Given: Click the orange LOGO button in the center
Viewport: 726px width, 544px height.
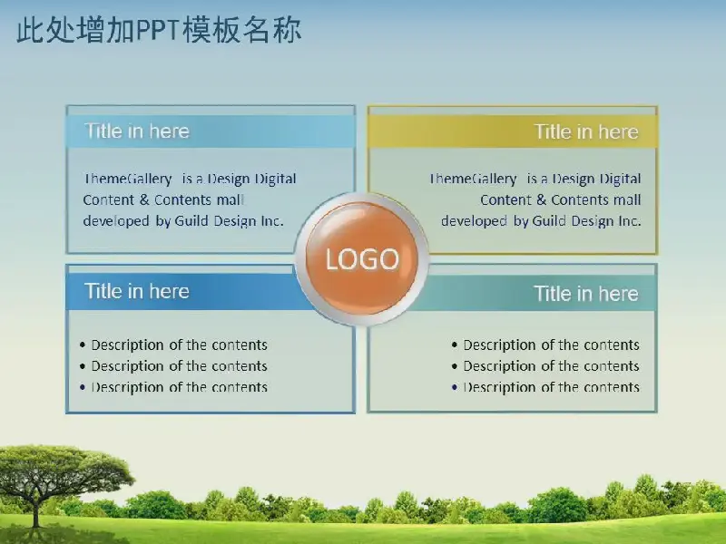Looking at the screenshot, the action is click(x=361, y=259).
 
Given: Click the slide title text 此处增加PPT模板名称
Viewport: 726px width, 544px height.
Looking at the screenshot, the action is click(x=159, y=31).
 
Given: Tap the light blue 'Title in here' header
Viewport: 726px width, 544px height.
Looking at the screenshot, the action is click(x=137, y=131).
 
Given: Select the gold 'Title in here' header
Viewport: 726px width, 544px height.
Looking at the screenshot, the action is click(x=586, y=131).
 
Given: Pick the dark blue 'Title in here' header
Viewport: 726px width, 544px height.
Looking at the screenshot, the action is click(x=137, y=291).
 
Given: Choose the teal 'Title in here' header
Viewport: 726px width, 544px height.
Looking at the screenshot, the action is click(x=586, y=293).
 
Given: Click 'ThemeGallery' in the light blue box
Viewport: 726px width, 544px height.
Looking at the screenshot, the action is click(x=127, y=179).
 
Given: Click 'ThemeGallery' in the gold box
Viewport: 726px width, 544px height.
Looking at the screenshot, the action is click(x=473, y=179).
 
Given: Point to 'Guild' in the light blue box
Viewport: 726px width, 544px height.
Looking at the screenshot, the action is click(x=191, y=221).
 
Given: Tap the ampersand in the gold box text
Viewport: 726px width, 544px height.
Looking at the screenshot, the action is click(x=541, y=199).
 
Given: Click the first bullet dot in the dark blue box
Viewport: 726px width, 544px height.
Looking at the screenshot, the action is click(x=83, y=345).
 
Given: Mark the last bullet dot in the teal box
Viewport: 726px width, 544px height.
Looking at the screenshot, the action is click(x=455, y=387).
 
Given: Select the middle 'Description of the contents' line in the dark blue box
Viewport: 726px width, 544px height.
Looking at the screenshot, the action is click(x=179, y=366).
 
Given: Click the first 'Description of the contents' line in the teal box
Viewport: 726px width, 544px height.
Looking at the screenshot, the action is click(x=551, y=345).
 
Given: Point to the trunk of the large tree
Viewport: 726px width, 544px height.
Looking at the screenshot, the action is click(x=36, y=510).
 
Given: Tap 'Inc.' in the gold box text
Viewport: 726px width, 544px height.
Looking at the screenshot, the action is click(x=629, y=221).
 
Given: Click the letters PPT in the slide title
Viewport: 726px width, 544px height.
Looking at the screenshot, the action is click(x=157, y=31).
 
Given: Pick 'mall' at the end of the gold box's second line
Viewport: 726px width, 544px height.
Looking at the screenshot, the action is click(x=627, y=199).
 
